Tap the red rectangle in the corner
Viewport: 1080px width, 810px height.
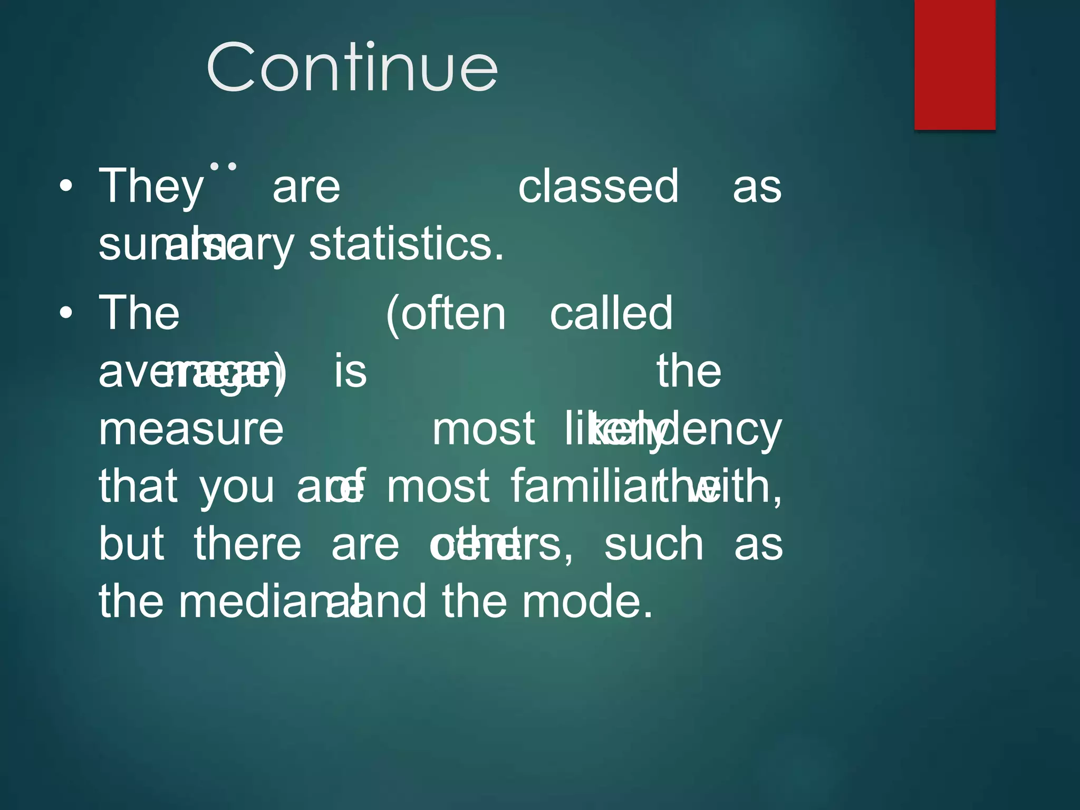954,64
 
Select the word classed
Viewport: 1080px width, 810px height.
598,186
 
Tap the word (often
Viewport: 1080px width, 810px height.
446,314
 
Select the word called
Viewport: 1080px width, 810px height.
611,314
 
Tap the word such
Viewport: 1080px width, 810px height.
653,545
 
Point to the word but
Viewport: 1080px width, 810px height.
131,544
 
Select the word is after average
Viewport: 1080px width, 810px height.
350,371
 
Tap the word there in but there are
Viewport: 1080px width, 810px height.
247,544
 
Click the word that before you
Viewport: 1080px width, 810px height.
138,486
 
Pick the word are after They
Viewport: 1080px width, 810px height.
306,188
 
